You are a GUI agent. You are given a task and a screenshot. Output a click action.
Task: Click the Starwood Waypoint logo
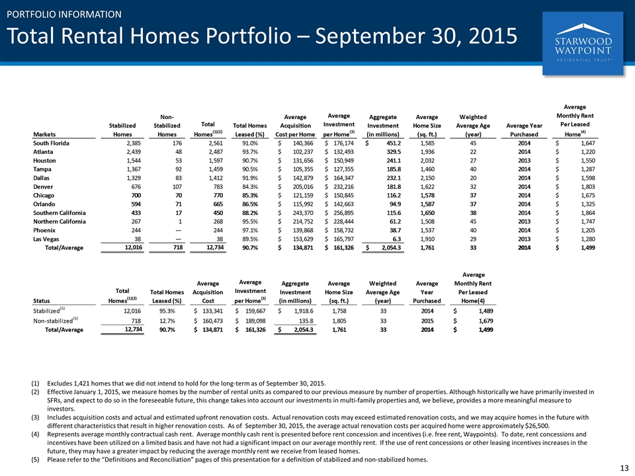tap(583, 43)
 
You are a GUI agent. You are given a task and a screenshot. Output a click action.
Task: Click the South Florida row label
tap(51, 143)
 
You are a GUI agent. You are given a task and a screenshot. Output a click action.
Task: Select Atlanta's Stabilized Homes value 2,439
tap(134, 152)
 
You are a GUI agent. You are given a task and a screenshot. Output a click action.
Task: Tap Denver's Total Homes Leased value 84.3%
tap(250, 186)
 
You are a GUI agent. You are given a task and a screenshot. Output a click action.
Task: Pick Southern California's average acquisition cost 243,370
tap(302, 213)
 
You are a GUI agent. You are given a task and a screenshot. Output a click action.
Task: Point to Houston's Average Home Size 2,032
tap(427, 161)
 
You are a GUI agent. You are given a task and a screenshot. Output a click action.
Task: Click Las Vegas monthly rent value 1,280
tap(588, 239)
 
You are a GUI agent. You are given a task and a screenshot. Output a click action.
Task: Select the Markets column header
tap(44, 134)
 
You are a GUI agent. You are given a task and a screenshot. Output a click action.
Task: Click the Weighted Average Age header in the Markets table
tap(473, 126)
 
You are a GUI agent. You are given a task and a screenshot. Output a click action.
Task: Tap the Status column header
tap(41, 301)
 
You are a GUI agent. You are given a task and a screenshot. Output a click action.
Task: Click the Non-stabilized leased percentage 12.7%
tap(167, 321)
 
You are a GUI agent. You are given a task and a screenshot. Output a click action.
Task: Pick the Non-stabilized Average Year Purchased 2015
tap(427, 321)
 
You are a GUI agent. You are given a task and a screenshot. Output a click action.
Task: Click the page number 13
tap(624, 468)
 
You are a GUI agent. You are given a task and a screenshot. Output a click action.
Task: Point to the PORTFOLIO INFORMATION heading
tap(64, 15)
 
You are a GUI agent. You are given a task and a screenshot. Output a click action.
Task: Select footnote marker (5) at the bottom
tap(36, 460)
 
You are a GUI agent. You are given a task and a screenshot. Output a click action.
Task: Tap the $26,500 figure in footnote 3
tap(536, 426)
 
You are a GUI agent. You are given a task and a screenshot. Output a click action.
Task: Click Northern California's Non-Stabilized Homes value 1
tap(180, 221)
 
